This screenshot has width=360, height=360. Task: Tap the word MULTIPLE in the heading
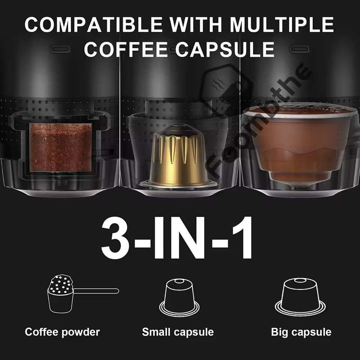(x=282, y=25)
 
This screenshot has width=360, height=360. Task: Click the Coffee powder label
(x=62, y=332)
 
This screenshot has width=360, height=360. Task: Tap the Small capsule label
(x=178, y=332)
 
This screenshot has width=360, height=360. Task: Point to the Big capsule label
(x=301, y=332)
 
